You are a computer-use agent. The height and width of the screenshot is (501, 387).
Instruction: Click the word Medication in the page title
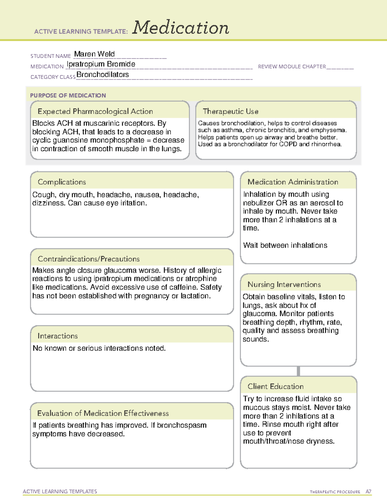click(x=181, y=28)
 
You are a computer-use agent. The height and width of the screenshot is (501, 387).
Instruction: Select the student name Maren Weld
click(x=94, y=54)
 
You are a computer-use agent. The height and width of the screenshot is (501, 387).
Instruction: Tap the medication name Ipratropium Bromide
click(x=101, y=64)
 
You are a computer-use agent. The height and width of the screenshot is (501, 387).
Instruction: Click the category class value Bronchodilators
click(x=103, y=75)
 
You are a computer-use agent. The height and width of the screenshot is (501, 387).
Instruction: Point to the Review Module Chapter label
click(x=292, y=66)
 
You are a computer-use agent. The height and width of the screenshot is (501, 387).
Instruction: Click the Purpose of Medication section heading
click(x=68, y=95)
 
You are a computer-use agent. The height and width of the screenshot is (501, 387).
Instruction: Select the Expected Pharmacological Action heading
click(x=95, y=111)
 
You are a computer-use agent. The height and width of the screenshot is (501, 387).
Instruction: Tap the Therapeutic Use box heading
click(x=231, y=111)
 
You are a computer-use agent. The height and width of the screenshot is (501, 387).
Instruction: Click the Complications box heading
click(x=62, y=182)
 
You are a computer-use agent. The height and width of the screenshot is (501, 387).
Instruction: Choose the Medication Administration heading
click(x=293, y=182)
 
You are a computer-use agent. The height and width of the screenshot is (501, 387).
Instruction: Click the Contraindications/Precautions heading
click(x=89, y=259)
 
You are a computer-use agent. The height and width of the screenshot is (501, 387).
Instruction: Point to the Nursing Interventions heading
click(x=284, y=284)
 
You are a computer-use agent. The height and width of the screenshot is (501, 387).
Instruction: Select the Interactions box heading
click(x=58, y=336)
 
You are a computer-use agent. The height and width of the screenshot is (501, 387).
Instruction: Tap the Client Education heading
click(x=275, y=386)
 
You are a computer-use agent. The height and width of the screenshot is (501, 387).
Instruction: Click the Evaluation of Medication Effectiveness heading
click(x=103, y=413)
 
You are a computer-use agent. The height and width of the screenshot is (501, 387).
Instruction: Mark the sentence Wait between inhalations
click(x=285, y=245)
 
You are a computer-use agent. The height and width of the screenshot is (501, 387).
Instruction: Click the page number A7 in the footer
click(x=368, y=492)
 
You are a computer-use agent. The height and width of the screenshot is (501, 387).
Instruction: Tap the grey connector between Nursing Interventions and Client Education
click(x=298, y=371)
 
